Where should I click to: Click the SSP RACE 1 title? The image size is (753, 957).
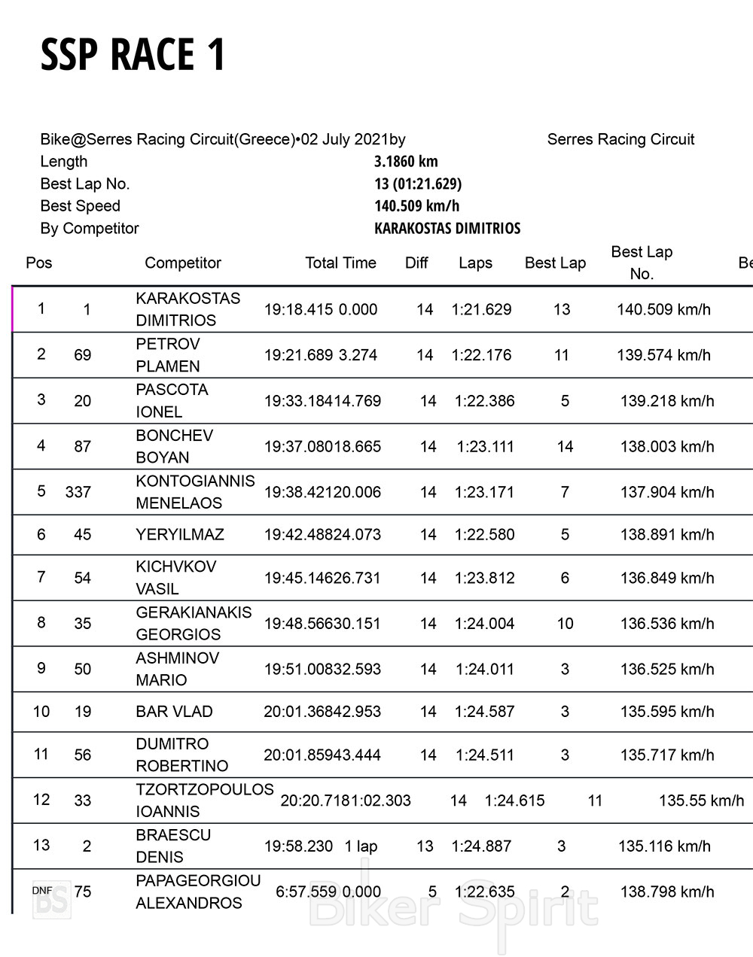133,55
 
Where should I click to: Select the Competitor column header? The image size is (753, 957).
183,263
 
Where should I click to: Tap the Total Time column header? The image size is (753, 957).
340,263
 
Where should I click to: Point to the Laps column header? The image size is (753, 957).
475,263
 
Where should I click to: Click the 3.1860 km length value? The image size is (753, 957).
406,162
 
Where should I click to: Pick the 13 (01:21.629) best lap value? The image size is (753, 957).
418,184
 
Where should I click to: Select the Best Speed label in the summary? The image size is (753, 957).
80,206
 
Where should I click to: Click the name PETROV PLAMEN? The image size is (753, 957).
168,355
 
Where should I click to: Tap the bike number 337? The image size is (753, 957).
78,492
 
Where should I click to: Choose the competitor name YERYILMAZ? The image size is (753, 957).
180,535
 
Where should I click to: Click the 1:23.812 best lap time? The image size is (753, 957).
485,579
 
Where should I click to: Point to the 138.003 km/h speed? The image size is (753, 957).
667,447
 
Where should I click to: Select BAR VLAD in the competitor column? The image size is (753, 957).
174,712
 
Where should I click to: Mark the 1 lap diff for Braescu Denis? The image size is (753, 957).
361,846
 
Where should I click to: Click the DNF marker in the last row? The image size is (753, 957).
42,891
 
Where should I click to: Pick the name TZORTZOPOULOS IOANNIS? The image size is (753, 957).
204,801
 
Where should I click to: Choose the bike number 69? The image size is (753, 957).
83,355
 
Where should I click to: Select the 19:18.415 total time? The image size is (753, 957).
298,310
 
